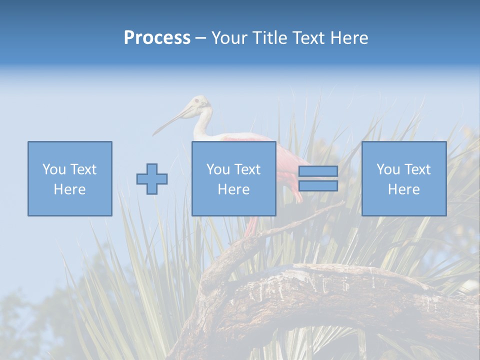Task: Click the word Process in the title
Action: click(157, 38)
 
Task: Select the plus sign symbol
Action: click(152, 179)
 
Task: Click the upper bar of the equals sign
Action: click(318, 171)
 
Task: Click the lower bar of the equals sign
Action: click(318, 186)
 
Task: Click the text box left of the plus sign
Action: click(70, 178)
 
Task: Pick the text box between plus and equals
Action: click(233, 178)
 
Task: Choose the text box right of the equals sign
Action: click(404, 178)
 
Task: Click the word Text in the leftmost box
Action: click(83, 169)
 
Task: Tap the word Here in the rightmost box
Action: click(404, 189)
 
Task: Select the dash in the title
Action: click(201, 38)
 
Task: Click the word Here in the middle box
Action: click(233, 189)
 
